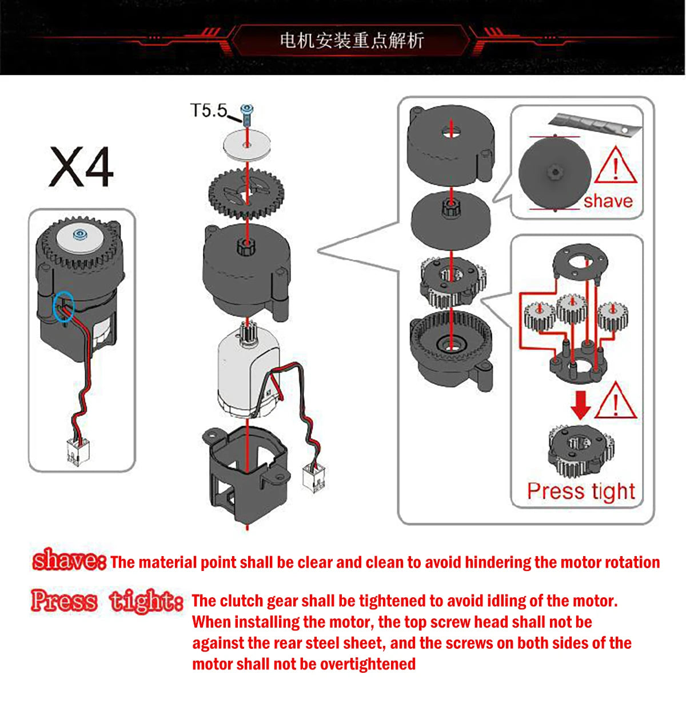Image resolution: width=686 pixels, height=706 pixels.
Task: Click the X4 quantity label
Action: point(81,167)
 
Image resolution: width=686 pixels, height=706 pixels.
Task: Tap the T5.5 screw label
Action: point(209,110)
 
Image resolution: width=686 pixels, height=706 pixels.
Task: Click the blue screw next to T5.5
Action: point(246,114)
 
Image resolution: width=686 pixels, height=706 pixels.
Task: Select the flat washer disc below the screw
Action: point(247,144)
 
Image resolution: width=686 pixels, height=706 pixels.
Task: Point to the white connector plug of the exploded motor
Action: point(314,479)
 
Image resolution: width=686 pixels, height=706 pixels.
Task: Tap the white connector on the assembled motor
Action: point(78,451)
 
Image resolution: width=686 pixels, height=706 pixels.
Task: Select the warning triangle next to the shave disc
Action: point(615,165)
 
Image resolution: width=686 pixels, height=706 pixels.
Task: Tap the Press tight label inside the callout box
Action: point(581,491)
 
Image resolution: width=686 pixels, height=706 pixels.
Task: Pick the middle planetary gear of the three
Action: point(572,310)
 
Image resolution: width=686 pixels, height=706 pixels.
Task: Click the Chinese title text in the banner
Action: point(352,40)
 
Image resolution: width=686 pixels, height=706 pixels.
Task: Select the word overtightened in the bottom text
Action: point(368,664)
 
